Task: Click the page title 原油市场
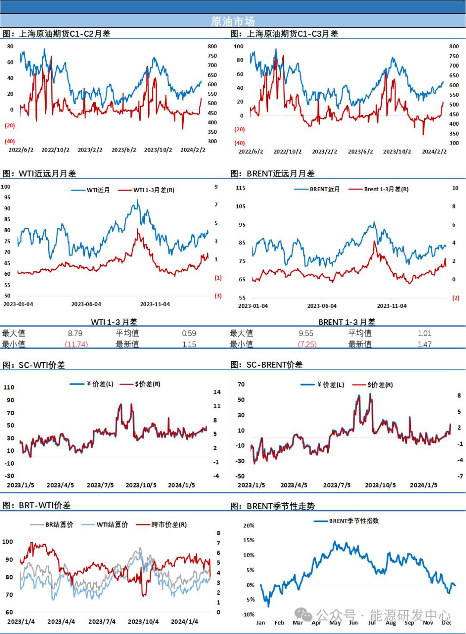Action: (x=233, y=21)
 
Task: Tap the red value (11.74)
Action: (x=76, y=344)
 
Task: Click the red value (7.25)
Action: (x=308, y=344)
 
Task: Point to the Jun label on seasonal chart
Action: (x=353, y=622)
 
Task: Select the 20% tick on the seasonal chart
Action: (x=249, y=525)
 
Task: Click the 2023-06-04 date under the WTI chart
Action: (x=86, y=304)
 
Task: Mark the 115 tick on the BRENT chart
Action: (x=240, y=188)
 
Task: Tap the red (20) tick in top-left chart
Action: (x=10, y=126)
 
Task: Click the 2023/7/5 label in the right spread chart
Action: (x=337, y=485)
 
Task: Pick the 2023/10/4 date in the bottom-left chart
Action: (x=143, y=621)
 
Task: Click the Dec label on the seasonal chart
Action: (x=447, y=622)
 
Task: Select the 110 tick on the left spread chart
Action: (x=9, y=387)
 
